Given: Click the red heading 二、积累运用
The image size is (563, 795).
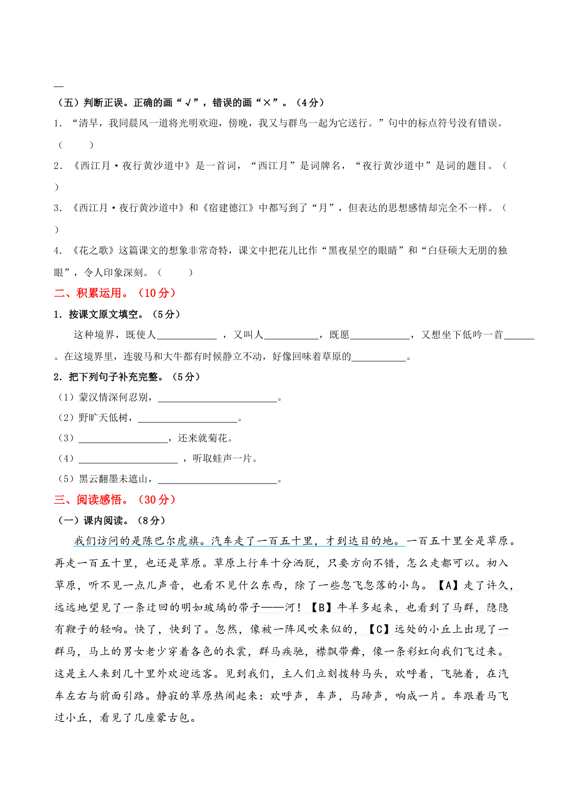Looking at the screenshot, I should tap(115, 293).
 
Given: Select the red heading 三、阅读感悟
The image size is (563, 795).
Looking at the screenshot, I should tap(115, 499).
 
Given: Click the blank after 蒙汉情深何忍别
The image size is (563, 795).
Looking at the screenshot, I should tap(217, 398).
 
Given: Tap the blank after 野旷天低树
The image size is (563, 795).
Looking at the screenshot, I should tap(187, 418).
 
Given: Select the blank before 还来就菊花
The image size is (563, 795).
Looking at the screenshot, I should tap(123, 439).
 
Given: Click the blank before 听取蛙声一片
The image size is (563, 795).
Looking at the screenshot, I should tap(128, 459).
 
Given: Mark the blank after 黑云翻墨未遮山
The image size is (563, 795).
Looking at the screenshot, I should tap(217, 480).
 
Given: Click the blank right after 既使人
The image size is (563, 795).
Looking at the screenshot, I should tap(186, 335).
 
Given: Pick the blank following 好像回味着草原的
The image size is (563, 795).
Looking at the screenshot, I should tap(379, 357).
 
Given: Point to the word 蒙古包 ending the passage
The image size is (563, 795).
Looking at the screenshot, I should tap(174, 717).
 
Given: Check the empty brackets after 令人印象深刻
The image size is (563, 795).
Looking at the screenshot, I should tap(175, 272).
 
